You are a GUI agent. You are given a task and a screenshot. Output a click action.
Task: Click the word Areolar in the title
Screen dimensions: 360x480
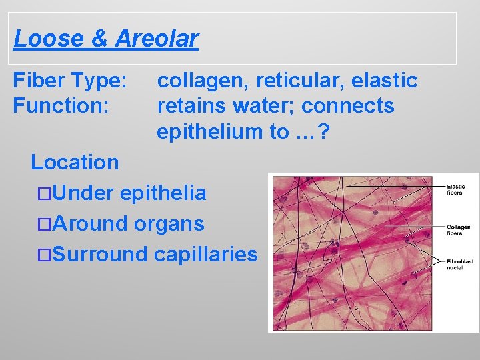point(157,39)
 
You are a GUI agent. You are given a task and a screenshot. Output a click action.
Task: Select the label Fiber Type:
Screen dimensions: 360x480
point(70,81)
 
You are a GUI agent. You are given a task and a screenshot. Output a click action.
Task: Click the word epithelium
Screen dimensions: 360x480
point(210,131)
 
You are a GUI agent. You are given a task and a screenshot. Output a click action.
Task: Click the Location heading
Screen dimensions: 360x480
point(75,162)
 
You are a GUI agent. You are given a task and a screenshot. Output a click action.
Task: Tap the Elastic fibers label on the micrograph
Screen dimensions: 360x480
point(456,190)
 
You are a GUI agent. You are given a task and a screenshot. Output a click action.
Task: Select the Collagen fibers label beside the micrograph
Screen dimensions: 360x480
point(458,230)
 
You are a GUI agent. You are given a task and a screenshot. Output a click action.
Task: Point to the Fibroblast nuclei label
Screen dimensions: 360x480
point(458,265)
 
